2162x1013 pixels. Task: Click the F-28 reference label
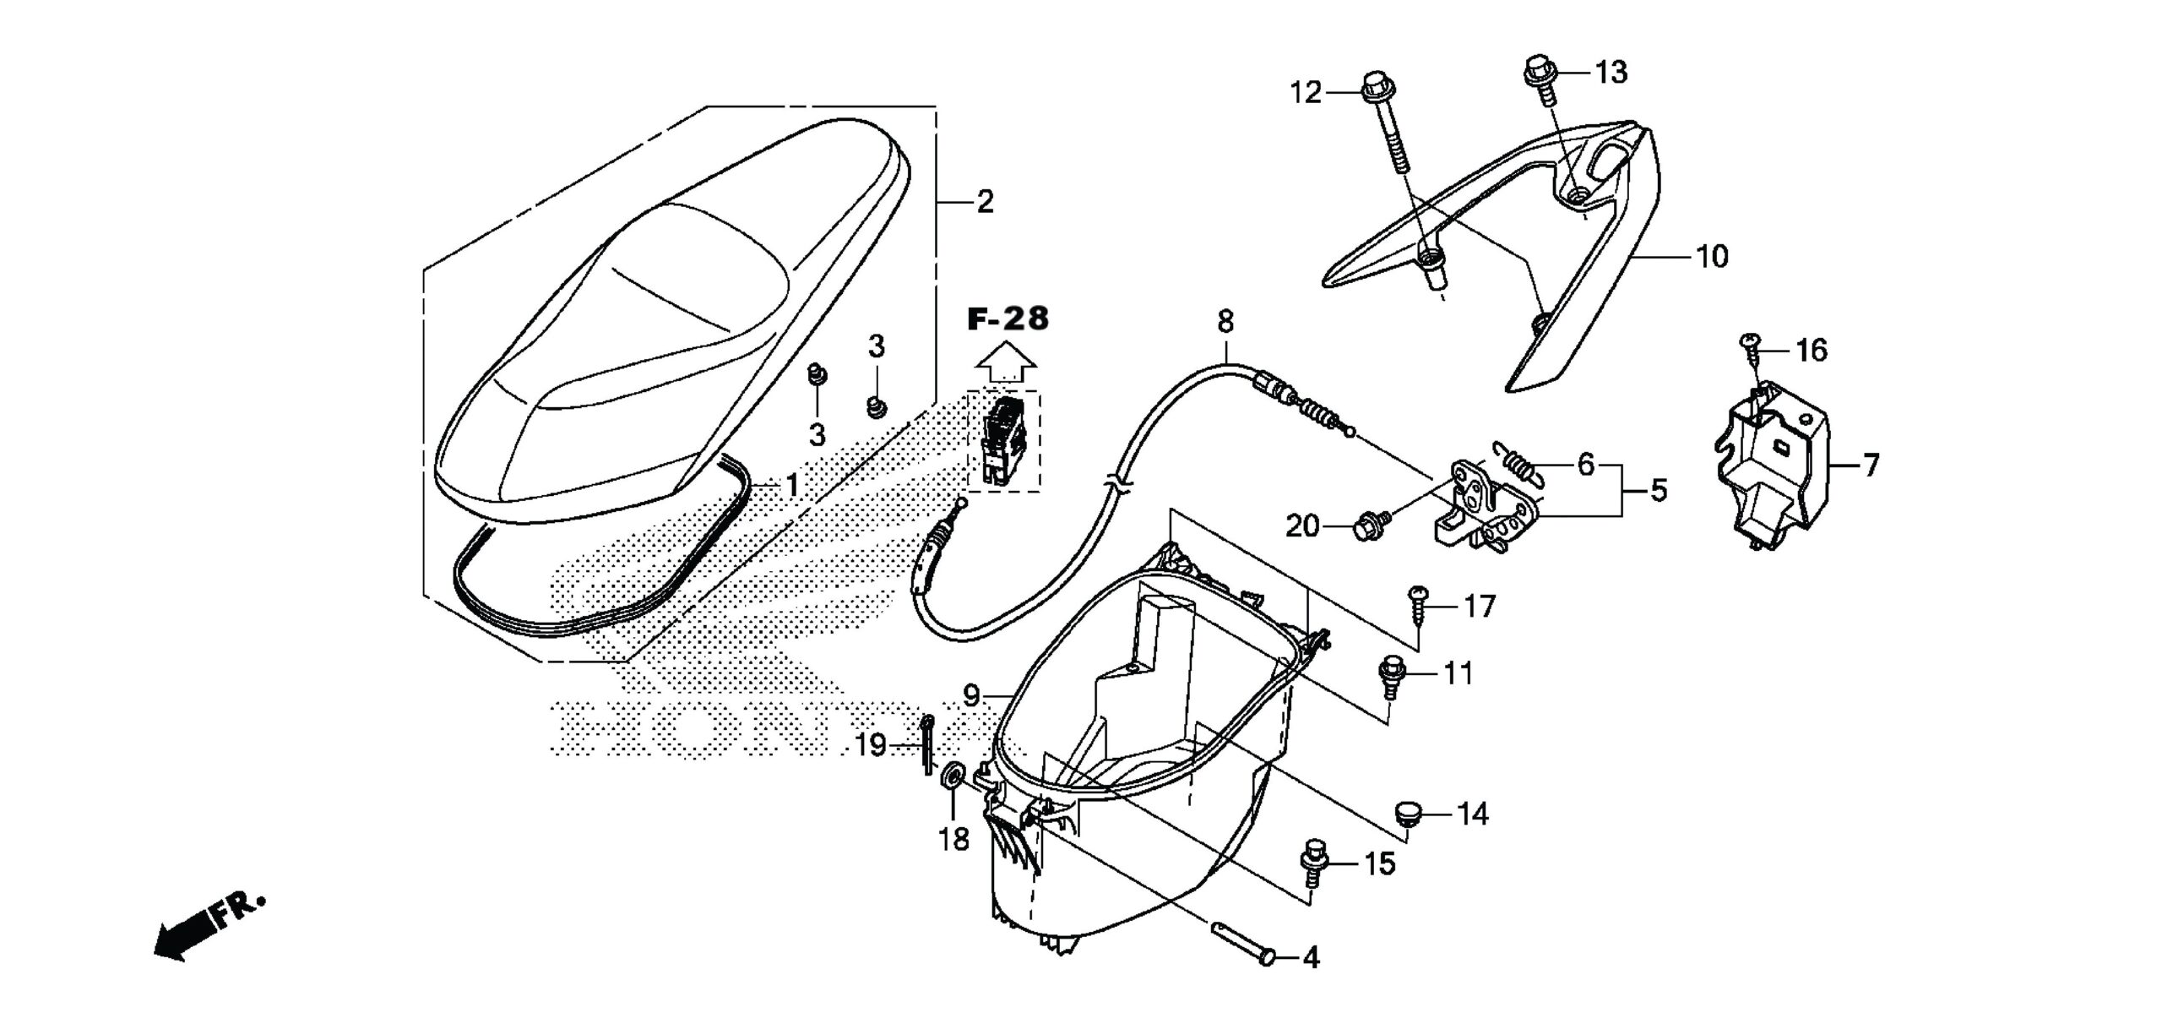coord(1008,319)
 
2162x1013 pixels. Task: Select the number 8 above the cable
coord(1225,321)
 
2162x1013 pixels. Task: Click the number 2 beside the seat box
coord(985,202)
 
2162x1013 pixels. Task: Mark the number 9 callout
coord(971,696)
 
